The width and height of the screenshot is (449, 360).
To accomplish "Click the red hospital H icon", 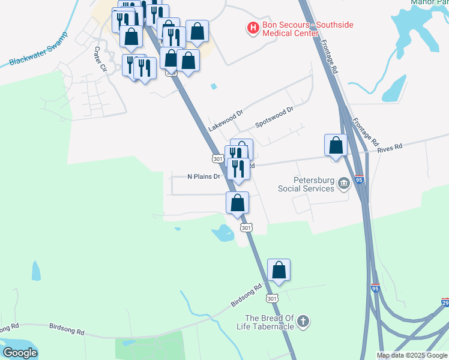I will click(x=253, y=28).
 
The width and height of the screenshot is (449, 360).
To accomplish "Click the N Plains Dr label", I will click(x=204, y=176).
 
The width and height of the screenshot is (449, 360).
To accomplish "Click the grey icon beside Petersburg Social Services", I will click(x=343, y=184).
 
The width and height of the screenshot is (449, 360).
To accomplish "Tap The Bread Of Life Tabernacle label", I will click(x=268, y=322).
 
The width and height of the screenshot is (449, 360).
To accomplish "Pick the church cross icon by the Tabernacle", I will click(x=304, y=322).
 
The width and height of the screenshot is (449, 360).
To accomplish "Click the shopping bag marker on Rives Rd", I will click(x=336, y=145).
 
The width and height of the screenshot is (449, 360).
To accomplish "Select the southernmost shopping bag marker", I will click(x=279, y=270).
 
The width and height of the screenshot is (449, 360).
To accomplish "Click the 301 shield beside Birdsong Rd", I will click(x=272, y=298).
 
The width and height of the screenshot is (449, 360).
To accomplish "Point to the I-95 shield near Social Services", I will click(x=359, y=179).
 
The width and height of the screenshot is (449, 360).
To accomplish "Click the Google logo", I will click(x=20, y=353).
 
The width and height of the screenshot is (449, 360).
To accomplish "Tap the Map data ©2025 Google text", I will click(x=412, y=355).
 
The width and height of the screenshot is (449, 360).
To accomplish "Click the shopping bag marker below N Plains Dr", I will click(x=238, y=203).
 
